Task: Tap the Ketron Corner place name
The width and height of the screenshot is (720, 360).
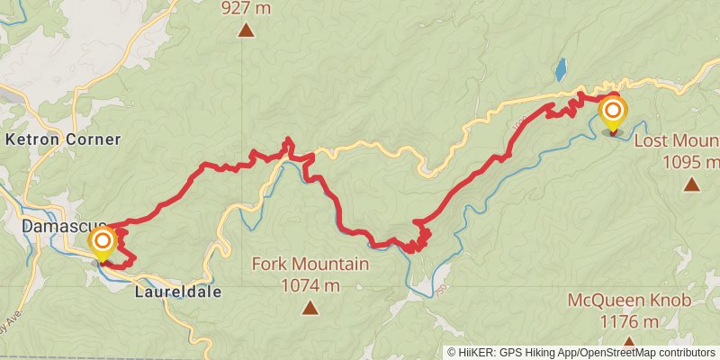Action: [62, 139]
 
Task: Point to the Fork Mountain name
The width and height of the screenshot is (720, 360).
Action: [310, 265]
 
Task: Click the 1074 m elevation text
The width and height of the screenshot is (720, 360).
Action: [310, 285]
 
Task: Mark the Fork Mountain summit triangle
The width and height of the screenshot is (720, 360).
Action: [310, 308]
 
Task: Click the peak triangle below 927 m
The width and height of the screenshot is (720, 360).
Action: [246, 31]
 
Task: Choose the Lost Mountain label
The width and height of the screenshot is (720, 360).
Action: [677, 142]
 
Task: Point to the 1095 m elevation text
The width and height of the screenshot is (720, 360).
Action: [691, 162]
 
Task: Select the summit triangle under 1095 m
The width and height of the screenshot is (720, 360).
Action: [691, 184]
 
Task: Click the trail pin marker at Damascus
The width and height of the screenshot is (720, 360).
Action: [103, 242]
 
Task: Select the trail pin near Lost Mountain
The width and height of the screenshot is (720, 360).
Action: [613, 112]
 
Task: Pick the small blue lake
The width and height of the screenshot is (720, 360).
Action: [561, 69]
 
